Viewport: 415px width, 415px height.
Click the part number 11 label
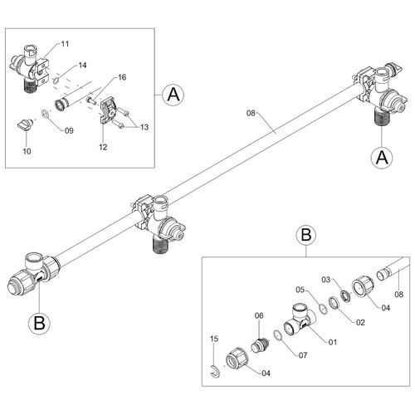click(65, 44)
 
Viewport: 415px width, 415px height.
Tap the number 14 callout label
click(82, 65)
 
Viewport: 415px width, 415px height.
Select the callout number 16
click(122, 77)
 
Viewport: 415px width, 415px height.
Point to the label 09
click(69, 130)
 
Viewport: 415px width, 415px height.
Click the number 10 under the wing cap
click(27, 151)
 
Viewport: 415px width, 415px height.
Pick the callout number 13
click(144, 127)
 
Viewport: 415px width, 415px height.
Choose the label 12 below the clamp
click(103, 147)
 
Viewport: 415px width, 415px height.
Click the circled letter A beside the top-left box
click(173, 95)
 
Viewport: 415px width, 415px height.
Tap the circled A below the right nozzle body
click(382, 158)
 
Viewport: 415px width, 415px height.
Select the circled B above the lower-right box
click(306, 235)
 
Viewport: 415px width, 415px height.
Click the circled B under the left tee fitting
click(39, 323)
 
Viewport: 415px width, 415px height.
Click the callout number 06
click(259, 315)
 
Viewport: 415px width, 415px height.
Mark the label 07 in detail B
click(303, 355)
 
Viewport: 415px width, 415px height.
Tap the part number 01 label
click(333, 342)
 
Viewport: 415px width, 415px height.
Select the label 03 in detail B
click(326, 280)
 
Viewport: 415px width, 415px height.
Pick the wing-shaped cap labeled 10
click(25, 124)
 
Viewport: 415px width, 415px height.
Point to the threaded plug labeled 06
click(260, 345)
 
